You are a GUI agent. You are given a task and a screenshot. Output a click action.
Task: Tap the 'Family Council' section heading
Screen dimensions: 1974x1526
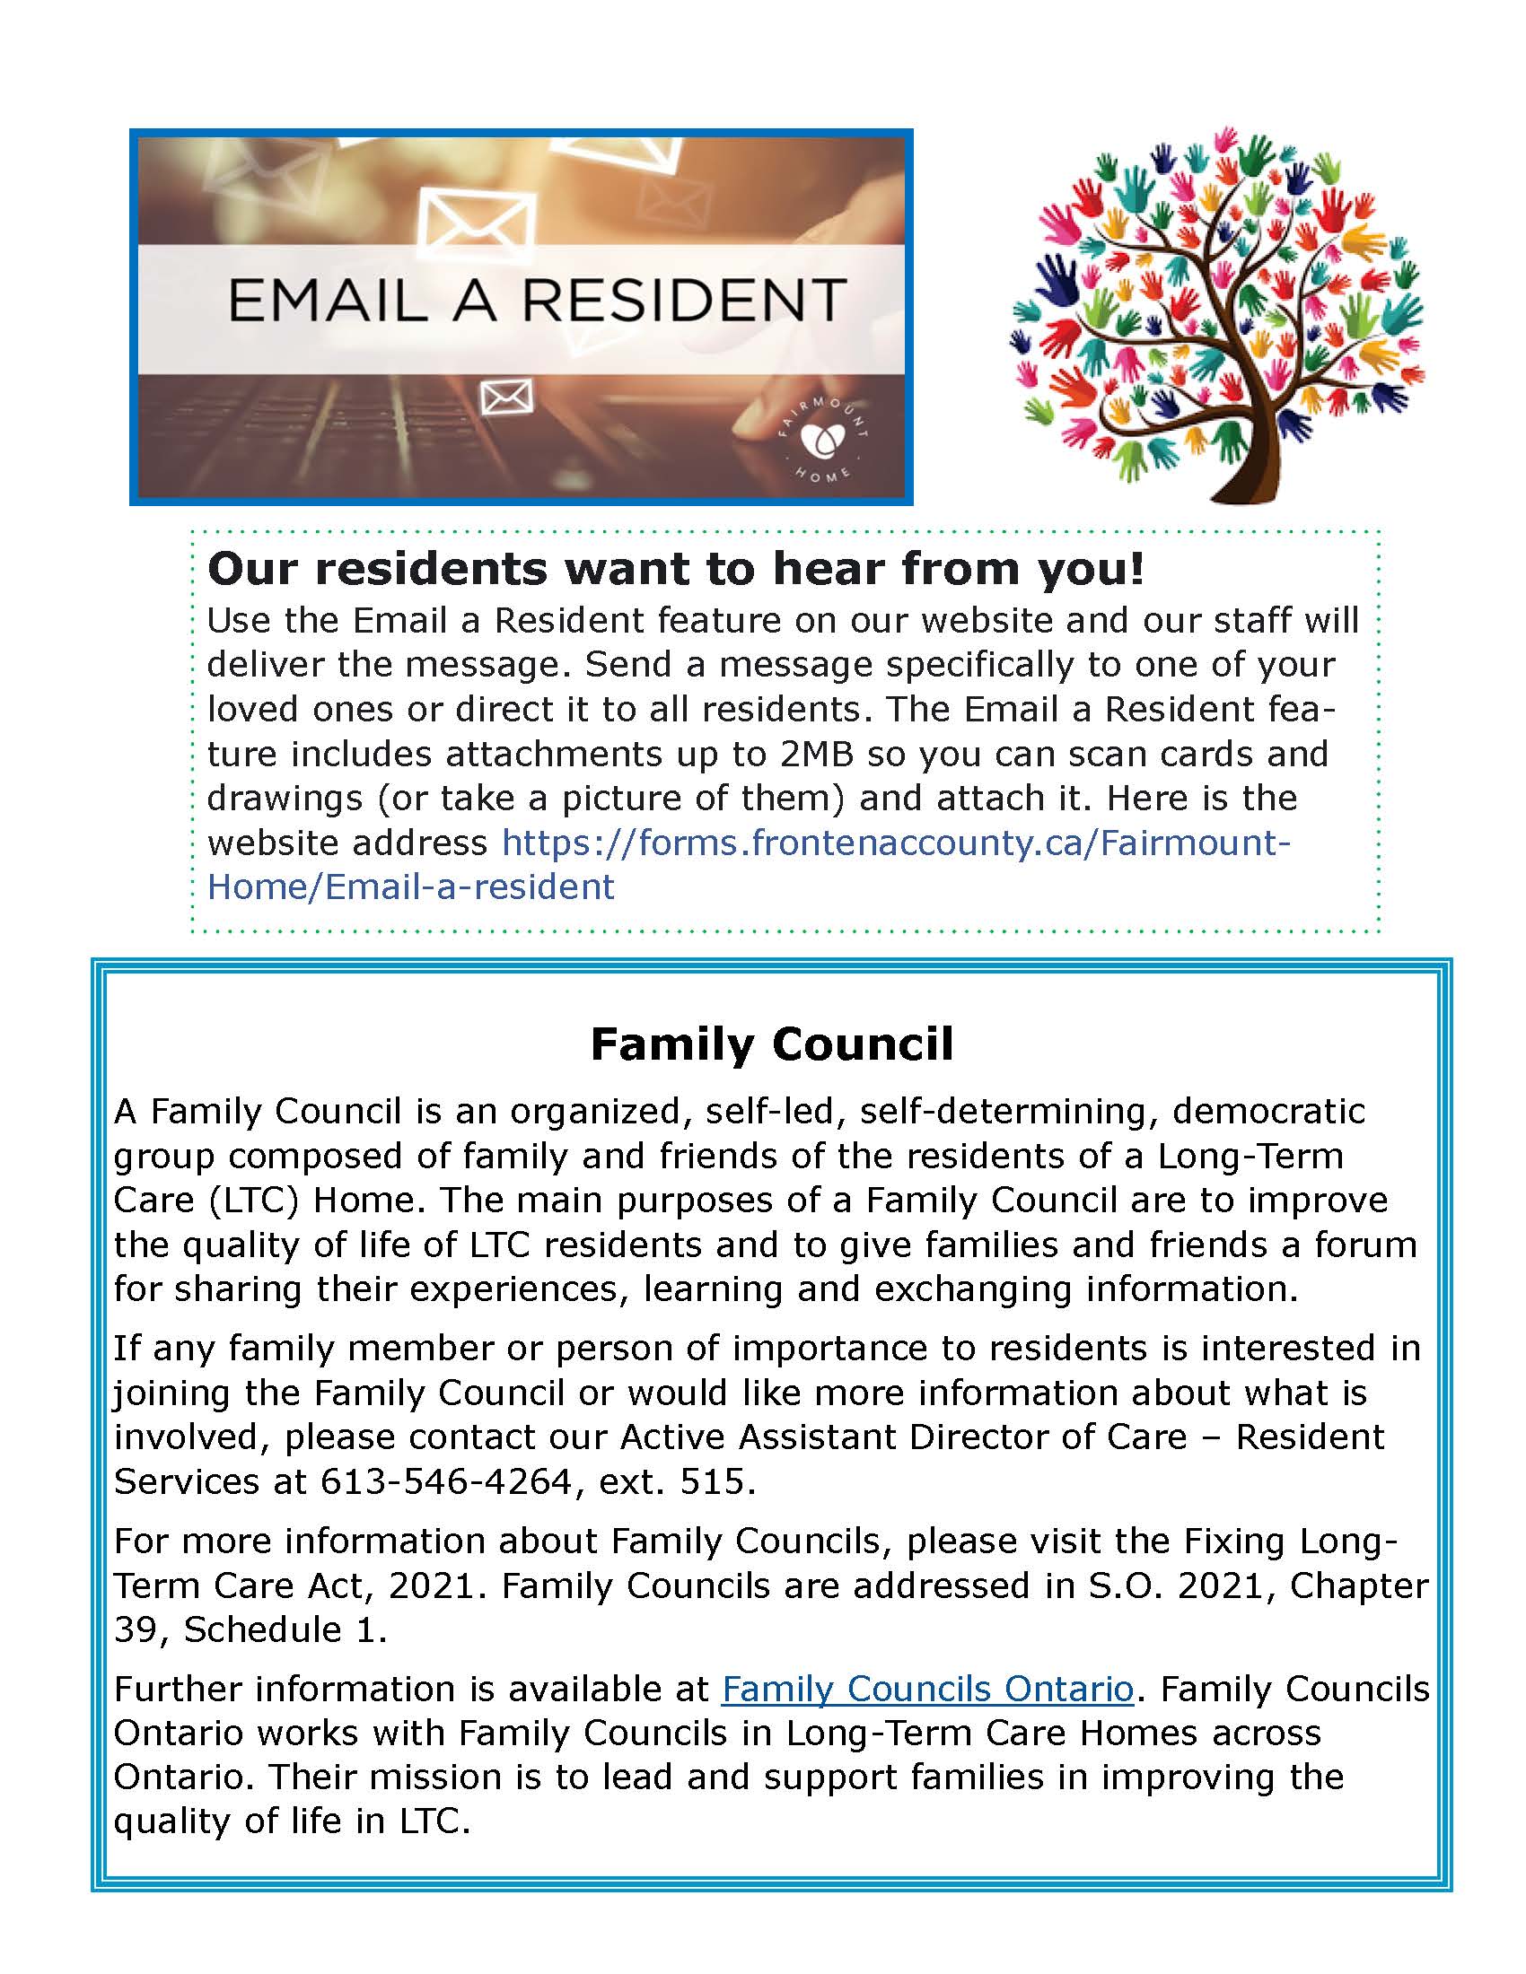(x=771, y=1044)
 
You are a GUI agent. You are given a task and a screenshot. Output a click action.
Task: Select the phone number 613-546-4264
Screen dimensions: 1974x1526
(x=446, y=1481)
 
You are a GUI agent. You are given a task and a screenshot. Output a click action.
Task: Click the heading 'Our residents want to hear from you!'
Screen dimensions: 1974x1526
(x=675, y=569)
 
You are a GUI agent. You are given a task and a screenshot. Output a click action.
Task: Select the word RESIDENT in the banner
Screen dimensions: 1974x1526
(x=683, y=301)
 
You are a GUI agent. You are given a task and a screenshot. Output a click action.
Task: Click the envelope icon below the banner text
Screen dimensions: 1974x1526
(x=506, y=397)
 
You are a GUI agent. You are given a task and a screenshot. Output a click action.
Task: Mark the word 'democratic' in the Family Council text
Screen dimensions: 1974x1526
(x=1268, y=1111)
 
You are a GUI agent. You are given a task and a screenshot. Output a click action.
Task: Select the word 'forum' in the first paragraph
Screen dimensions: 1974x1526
(x=1365, y=1245)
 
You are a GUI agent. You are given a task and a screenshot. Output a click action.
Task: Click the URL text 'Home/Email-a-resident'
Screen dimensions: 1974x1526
(x=410, y=887)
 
